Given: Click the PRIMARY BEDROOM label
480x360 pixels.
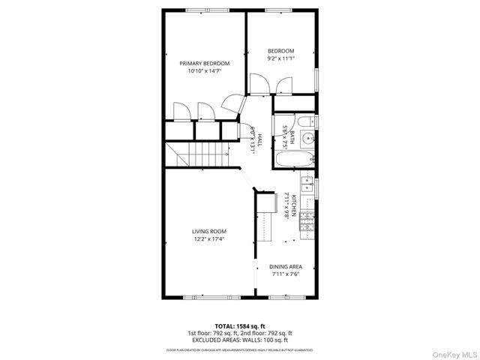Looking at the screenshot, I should pyautogui.click(x=204, y=63).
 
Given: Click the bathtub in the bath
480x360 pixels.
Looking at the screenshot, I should pyautogui.click(x=295, y=159).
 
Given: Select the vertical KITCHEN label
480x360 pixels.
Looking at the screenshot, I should pyautogui.click(x=293, y=205).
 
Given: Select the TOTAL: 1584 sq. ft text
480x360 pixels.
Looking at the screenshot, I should pyautogui.click(x=240, y=325).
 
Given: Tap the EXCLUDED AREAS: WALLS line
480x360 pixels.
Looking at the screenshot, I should pyautogui.click(x=240, y=340).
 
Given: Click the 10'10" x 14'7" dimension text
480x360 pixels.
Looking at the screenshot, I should pyautogui.click(x=204, y=71).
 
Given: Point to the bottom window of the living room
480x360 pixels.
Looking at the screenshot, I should pyautogui.click(x=204, y=298).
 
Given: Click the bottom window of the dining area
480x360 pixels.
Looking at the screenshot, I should pyautogui.click(x=289, y=298).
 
